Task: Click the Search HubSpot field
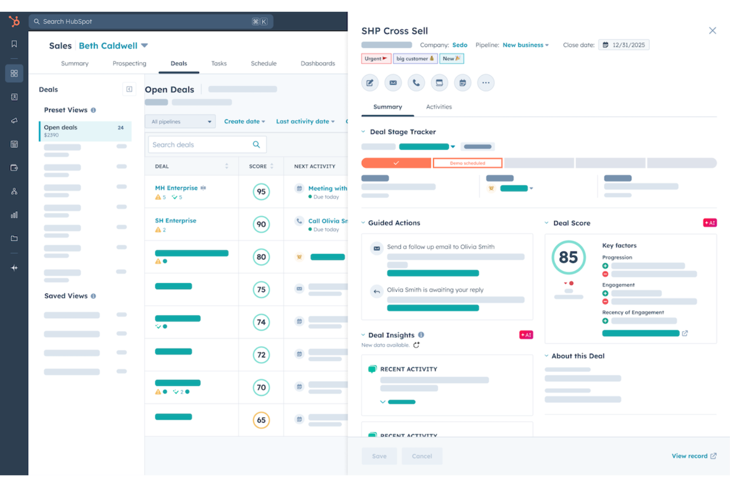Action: (x=148, y=22)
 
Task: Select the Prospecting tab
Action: (x=129, y=64)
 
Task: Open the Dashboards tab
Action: (x=318, y=64)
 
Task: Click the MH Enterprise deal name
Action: (x=176, y=188)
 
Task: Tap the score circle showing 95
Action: (x=261, y=192)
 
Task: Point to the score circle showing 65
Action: (x=261, y=420)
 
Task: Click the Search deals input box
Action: (x=202, y=145)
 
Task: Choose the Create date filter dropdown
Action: (x=244, y=121)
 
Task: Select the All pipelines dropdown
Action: (x=180, y=122)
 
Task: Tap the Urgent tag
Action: (x=376, y=59)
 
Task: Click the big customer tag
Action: (x=415, y=59)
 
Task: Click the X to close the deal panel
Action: (x=712, y=31)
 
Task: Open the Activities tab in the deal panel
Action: (x=438, y=107)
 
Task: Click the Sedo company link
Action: (x=460, y=45)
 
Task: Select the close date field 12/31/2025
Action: (x=624, y=45)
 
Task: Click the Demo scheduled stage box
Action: (x=467, y=163)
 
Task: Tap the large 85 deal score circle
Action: (x=568, y=257)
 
